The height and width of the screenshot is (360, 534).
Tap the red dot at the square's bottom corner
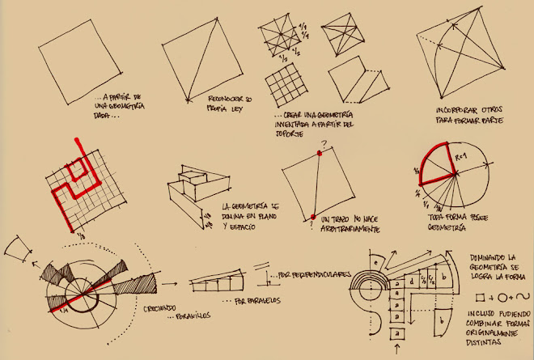(x=311, y=216)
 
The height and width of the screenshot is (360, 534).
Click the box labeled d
(x=412, y=281)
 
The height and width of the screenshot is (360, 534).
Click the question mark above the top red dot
(x=322, y=146)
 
